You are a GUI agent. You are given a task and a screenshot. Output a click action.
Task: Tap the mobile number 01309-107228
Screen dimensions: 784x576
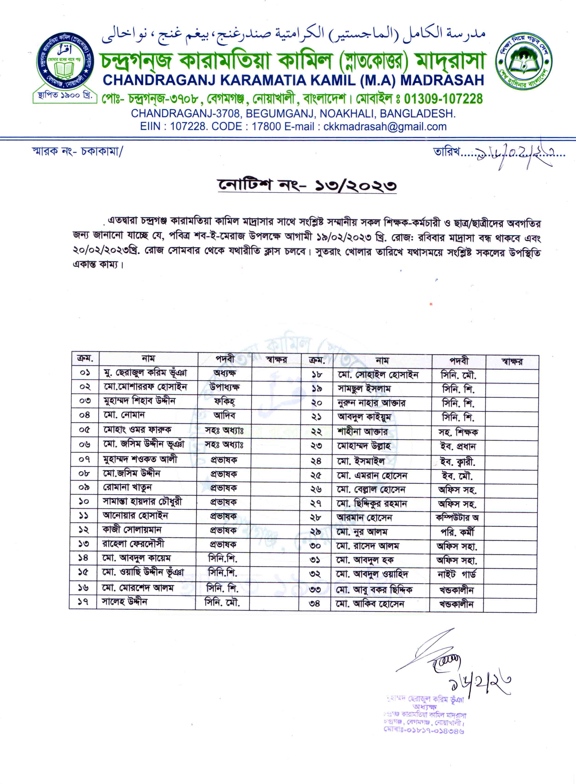[443, 99]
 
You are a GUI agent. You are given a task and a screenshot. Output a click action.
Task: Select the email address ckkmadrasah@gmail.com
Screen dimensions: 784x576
[385, 127]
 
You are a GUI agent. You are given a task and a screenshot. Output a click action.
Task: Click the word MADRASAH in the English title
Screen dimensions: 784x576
[442, 80]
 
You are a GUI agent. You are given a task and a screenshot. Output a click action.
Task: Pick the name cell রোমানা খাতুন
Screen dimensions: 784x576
[127, 487]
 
